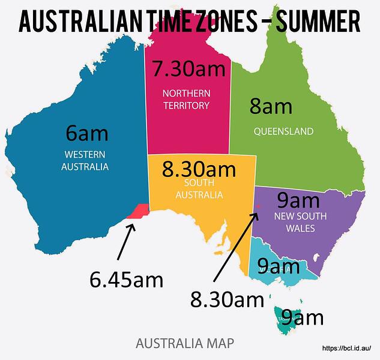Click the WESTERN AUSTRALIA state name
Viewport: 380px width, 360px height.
[x=85, y=160]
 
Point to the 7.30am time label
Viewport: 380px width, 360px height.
[x=188, y=69]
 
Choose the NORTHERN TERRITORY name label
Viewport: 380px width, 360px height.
[x=186, y=100]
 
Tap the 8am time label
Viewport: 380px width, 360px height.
[x=271, y=107]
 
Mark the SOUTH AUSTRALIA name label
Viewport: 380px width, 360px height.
[x=199, y=189]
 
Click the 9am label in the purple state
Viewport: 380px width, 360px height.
[x=298, y=199]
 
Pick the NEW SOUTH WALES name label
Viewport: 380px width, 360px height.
[x=294, y=222]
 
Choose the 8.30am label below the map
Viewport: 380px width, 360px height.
[x=227, y=298]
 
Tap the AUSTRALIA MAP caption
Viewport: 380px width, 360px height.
[x=185, y=344]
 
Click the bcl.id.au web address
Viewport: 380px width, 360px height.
[x=351, y=348]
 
